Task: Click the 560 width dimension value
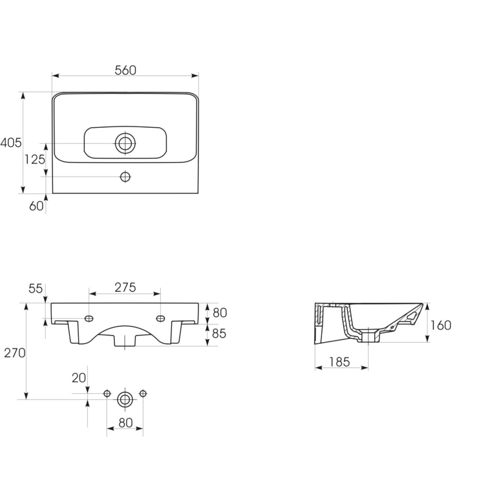(125, 70)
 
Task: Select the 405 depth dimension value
(11, 142)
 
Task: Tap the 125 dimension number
(35, 160)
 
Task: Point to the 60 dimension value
(36, 206)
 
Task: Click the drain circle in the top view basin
(125, 143)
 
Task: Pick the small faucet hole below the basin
(125, 177)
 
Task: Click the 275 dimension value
(125, 287)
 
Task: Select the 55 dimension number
(36, 288)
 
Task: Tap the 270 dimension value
(15, 353)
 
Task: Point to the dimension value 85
(219, 334)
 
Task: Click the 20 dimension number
(79, 378)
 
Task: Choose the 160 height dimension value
(441, 325)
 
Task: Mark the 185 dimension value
(339, 362)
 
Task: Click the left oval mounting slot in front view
(89, 318)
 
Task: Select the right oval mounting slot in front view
(161, 318)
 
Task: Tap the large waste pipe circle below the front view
(125, 400)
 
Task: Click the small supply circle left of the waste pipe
(107, 394)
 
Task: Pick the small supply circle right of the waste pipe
(143, 394)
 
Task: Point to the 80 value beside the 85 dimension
(220, 313)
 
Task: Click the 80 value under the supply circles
(125, 423)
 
